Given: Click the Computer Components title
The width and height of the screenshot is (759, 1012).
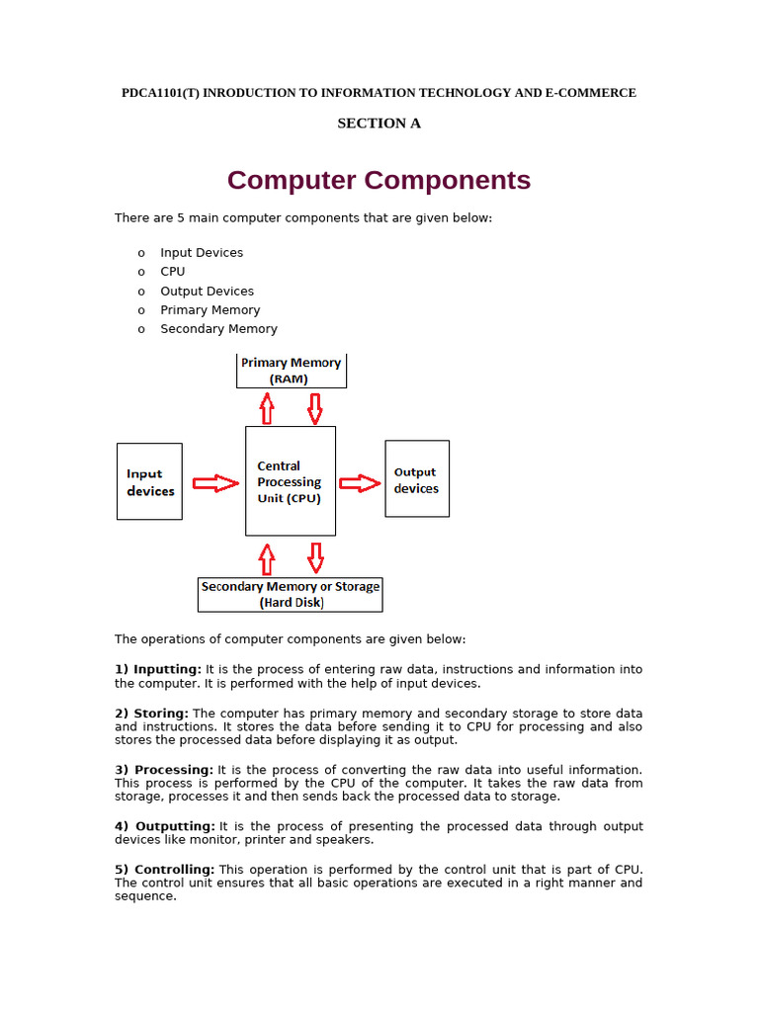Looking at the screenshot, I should (x=379, y=181).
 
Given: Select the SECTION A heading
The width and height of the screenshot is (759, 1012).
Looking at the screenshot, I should (x=379, y=124).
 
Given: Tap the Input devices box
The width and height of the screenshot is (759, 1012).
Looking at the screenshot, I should (x=149, y=481).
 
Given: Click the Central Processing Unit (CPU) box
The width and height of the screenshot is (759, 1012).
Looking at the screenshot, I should (x=290, y=481).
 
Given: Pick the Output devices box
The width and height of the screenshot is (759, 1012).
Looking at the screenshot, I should (x=416, y=479).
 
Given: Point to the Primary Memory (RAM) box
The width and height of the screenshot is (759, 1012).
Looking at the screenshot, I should (x=292, y=371).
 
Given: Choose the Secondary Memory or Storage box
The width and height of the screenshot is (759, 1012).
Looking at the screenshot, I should (x=290, y=594).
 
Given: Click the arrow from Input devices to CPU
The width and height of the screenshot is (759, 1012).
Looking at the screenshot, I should (x=214, y=483).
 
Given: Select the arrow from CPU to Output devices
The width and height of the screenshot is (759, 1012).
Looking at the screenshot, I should (x=360, y=483).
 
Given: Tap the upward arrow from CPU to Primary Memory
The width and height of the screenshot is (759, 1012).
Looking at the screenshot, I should (x=266, y=407).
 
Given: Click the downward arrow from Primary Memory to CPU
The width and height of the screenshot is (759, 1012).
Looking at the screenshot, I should (x=315, y=407).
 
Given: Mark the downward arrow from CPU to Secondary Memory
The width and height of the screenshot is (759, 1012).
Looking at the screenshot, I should (x=315, y=557).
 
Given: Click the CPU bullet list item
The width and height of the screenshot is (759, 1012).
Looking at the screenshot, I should (x=173, y=272).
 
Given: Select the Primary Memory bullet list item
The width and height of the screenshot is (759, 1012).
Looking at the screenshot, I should (x=211, y=310).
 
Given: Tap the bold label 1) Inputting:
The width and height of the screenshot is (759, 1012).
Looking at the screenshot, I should (x=158, y=669).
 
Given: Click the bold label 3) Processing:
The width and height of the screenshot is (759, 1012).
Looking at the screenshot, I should (x=164, y=770).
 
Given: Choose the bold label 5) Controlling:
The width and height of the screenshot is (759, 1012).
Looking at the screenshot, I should (x=164, y=870).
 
